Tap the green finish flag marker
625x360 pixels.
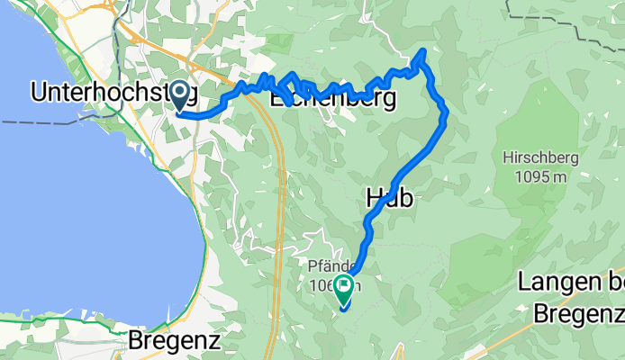pyautogui.click(x=344, y=290)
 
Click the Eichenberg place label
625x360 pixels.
pyautogui.click(x=333, y=99)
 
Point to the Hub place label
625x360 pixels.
pyautogui.click(x=390, y=199)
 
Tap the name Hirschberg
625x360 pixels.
pyautogui.click(x=541, y=157)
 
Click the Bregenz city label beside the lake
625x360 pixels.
pyautogui.click(x=174, y=340)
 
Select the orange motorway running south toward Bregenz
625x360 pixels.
pyautogui.click(x=280, y=225)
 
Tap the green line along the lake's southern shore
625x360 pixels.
pyautogui.click(x=54, y=316)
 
